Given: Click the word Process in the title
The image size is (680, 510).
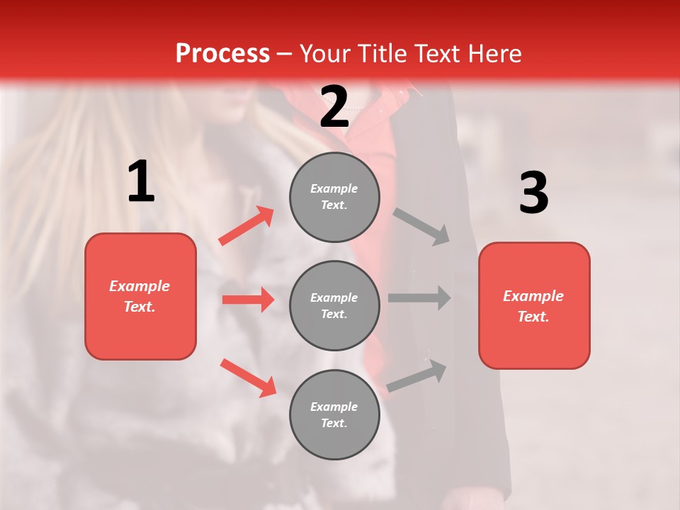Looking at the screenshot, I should tap(222, 54).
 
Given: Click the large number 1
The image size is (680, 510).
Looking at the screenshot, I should tap(141, 182).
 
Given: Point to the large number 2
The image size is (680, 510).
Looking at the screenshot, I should tap(334, 107).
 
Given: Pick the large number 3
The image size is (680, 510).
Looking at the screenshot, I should tap(533, 193).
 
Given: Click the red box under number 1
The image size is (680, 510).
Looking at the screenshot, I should tap(140, 296).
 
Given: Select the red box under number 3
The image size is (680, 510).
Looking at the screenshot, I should tap(534, 305).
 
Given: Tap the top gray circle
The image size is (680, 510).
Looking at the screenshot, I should tap(334, 197).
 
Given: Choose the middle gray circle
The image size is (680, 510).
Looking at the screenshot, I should tap(334, 305).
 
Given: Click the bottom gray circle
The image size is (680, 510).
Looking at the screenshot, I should tap(334, 414).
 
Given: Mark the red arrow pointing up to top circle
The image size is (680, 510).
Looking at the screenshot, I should tap(246, 226).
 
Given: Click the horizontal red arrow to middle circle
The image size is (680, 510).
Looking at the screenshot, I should tap(248, 300).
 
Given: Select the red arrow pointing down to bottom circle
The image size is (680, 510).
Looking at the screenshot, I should tap(248, 377).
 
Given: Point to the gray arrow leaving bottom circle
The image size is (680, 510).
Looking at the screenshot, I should tap(416, 376).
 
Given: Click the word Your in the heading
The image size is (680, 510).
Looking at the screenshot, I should tap(325, 54).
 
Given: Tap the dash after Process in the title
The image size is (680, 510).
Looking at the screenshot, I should tap(284, 54).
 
